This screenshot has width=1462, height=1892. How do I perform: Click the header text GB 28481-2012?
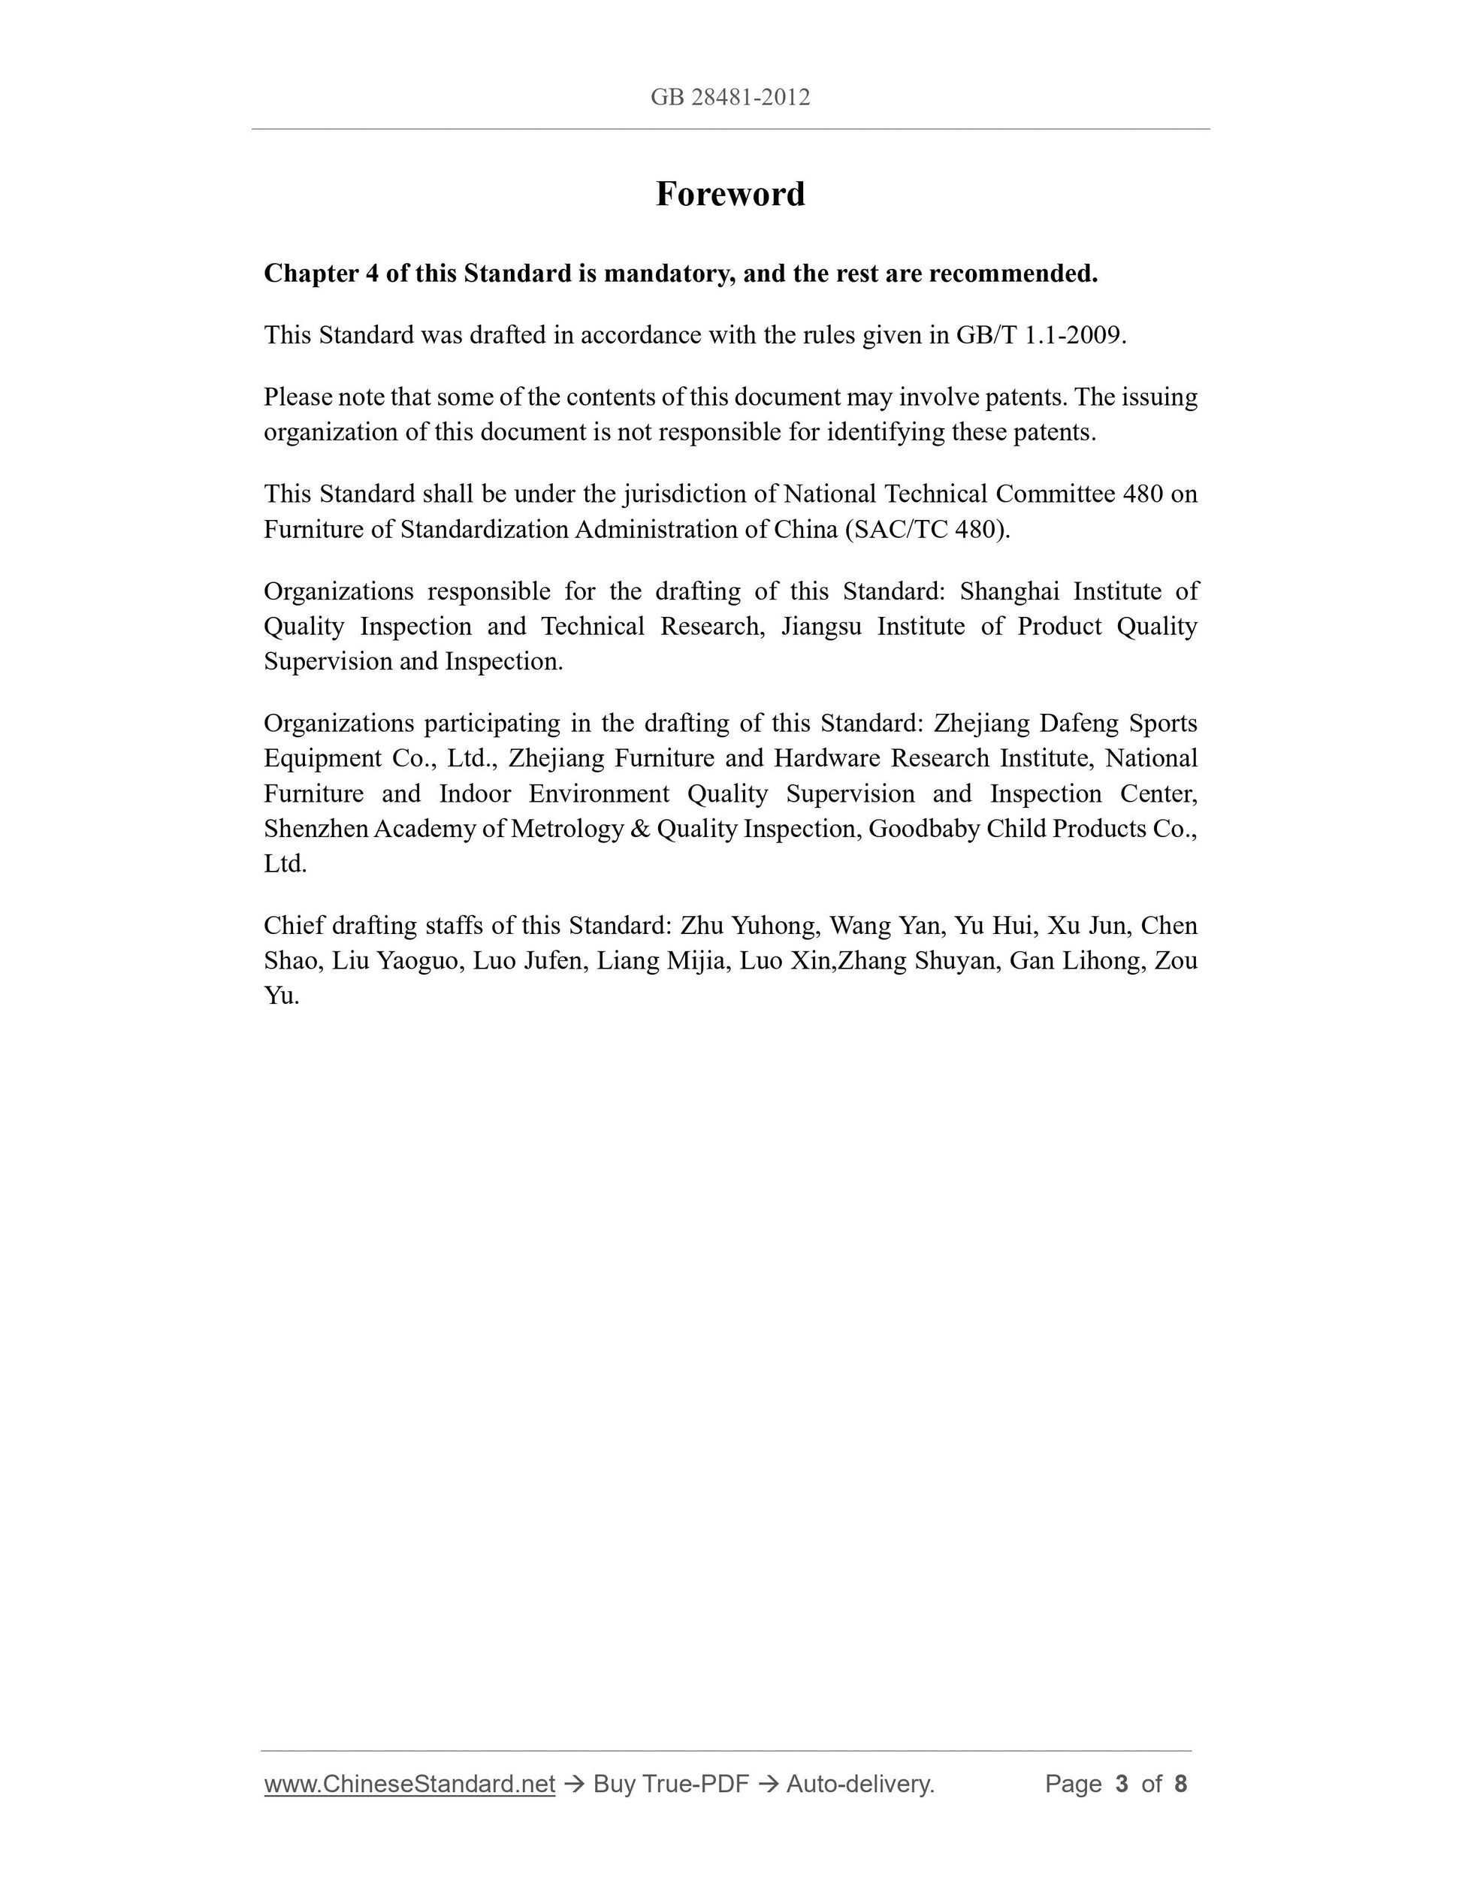pos(730,97)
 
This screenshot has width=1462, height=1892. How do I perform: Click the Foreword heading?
pos(730,193)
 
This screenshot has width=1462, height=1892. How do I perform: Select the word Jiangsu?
pos(821,627)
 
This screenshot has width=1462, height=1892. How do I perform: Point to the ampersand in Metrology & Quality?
pos(640,829)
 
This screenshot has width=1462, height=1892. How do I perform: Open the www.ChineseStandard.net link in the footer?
pos(409,1784)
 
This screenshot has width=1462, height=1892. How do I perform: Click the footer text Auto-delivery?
pos(860,1784)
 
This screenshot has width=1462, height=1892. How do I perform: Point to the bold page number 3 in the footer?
pos(1122,1784)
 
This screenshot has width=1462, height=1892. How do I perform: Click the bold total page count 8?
pos(1180,1784)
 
